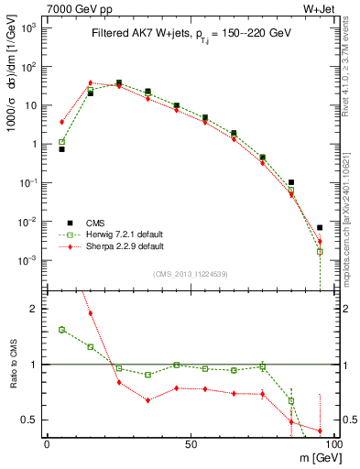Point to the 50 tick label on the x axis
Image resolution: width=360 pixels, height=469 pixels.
[x=191, y=443]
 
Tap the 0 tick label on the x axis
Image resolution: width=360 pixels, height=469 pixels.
[x=47, y=443]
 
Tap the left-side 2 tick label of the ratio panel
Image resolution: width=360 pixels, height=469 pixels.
[x=35, y=309]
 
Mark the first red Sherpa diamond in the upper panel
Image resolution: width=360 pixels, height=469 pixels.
[x=61, y=121]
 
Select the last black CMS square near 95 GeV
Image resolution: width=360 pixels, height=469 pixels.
[x=320, y=227]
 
